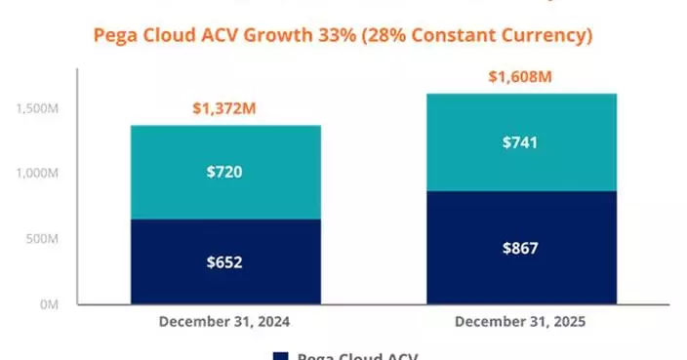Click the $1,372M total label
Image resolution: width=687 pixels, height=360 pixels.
[225, 108]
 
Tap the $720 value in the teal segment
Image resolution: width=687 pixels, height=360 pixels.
[225, 173]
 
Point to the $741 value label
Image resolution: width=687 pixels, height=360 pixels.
[521, 142]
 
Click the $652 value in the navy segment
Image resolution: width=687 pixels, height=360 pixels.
[225, 261]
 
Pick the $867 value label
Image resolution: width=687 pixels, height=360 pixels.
[521, 247]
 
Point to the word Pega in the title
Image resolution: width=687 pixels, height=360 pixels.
[114, 37]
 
